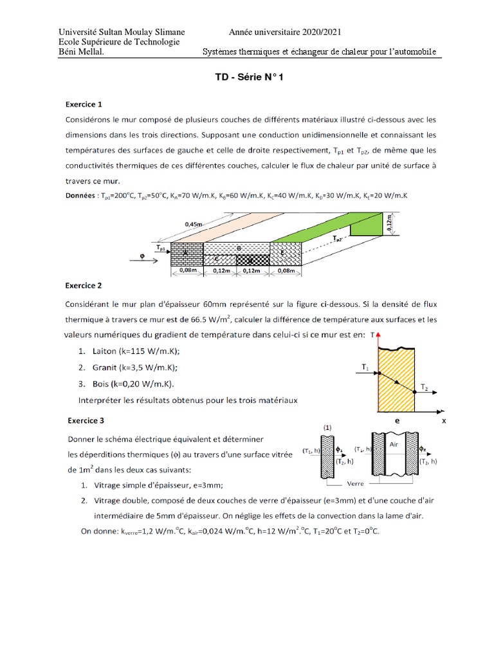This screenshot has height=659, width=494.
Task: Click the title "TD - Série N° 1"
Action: (248, 77)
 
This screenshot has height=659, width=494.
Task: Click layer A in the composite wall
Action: (186, 254)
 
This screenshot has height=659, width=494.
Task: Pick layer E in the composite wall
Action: (283, 254)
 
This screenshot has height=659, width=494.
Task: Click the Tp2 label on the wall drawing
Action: (338, 238)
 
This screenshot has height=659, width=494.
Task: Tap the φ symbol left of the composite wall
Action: (142, 259)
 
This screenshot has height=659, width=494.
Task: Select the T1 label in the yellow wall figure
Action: (365, 367)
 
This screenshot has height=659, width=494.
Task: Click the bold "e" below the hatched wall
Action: (397, 420)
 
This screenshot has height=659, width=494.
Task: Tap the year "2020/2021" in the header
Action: (315, 32)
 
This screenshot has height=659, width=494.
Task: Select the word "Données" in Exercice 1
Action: (82, 194)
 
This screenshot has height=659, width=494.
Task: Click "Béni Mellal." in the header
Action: (81, 51)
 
